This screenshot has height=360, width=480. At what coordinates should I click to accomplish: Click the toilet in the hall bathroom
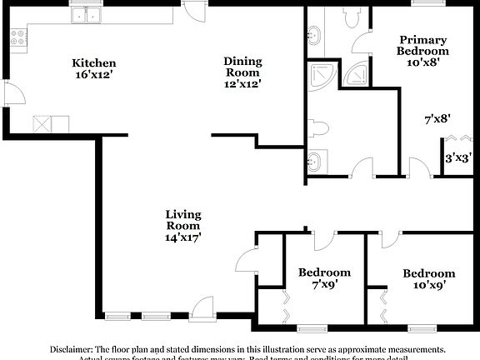click(x=321, y=128)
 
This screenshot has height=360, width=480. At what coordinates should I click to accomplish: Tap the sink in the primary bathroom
click(x=314, y=35)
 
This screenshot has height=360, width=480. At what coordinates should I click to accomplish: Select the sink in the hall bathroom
click(x=313, y=161)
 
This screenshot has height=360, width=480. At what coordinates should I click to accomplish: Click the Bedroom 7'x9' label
click(x=324, y=278)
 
